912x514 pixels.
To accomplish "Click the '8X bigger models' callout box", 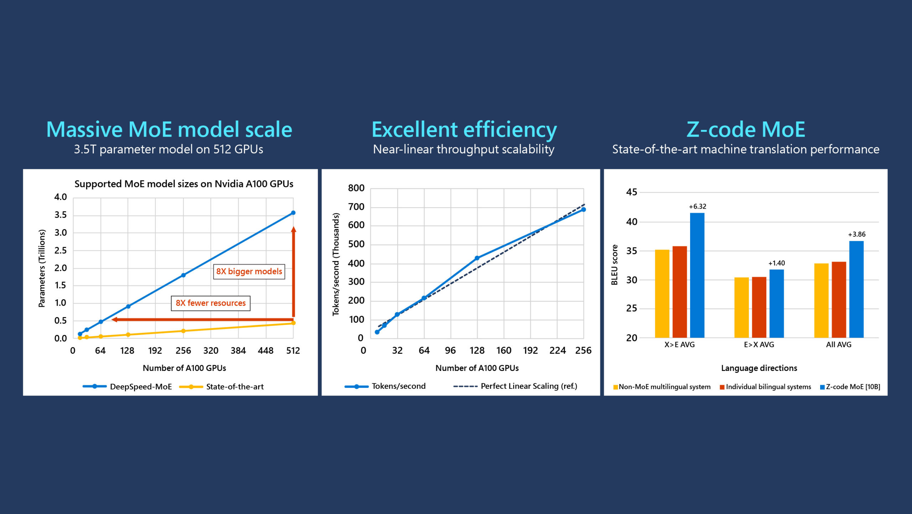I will point(249,271).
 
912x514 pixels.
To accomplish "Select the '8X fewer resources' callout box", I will point(211,303).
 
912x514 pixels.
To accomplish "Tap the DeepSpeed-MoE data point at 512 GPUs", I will point(293,213).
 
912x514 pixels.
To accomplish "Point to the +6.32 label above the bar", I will point(697,207).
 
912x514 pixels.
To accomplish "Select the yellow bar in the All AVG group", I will point(821,300).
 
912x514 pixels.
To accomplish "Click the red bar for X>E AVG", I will point(680,292).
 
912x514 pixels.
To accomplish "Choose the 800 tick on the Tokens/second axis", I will point(356,188).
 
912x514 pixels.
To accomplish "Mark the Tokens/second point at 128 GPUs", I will point(477,258).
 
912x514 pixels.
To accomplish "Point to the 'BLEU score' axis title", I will point(615,265).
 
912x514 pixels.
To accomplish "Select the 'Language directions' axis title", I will point(759,368).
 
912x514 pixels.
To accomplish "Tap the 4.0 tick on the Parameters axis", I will point(61,197).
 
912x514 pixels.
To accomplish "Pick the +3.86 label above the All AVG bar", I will point(856,234).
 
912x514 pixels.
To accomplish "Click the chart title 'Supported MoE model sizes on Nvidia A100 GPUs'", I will point(184,184).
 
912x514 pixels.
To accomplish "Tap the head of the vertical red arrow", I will point(294,229).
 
